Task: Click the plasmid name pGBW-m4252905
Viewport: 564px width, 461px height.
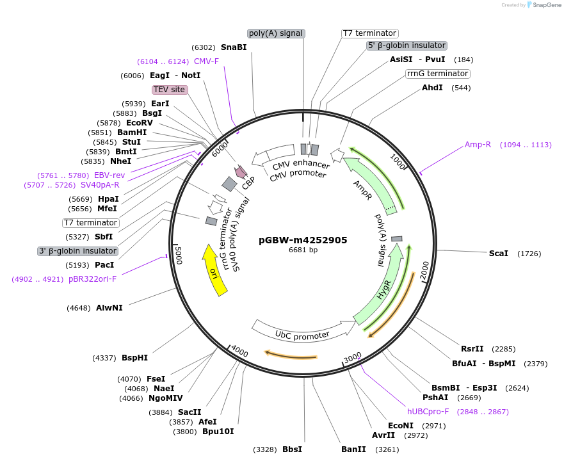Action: coord(303,240)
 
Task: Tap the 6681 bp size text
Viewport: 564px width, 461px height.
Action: coord(303,250)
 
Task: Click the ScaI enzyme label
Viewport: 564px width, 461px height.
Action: coord(498,254)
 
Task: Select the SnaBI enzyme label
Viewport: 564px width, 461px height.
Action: coord(234,47)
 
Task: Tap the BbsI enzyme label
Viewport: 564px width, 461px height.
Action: coord(292,449)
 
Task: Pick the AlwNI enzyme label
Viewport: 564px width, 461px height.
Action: coord(109,308)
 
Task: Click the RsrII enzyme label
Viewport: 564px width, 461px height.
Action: coord(472,349)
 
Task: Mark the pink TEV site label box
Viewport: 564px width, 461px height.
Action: coord(169,90)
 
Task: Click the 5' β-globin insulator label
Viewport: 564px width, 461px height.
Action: coord(407,45)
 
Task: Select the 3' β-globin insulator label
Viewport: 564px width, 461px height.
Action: coord(78,251)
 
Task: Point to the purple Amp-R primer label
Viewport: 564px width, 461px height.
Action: coord(478,145)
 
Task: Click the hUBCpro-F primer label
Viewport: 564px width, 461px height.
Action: coord(428,412)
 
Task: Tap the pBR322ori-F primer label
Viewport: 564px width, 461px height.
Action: coord(92,279)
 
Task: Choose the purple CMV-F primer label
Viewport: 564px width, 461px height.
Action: coord(206,61)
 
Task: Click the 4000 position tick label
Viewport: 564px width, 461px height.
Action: coord(239,352)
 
